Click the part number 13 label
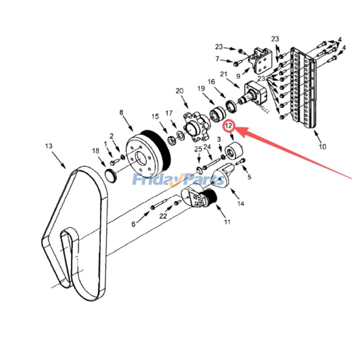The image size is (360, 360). (x=49, y=146)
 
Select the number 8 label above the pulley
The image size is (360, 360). (x=121, y=112)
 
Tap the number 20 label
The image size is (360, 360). (x=180, y=91)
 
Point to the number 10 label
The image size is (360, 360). (x=323, y=146)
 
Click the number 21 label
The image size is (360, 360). (x=223, y=74)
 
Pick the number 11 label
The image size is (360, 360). (x=227, y=222)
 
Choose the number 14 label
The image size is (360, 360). (x=241, y=203)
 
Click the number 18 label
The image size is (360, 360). (x=95, y=151)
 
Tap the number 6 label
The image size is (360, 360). (x=133, y=224)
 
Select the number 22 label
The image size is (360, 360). (x=163, y=216)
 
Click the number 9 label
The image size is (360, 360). (x=238, y=76)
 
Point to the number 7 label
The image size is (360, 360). (x=217, y=59)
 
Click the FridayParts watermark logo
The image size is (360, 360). (x=178, y=179)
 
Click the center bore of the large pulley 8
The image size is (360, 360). (x=140, y=158)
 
